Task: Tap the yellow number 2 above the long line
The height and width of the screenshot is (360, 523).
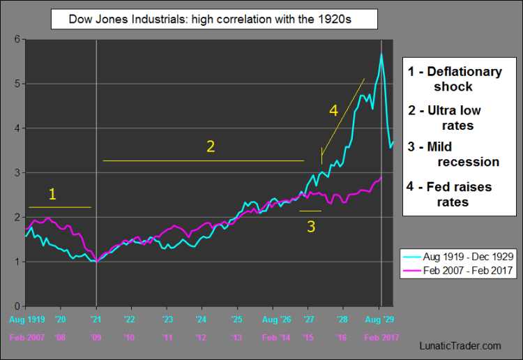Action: click(x=209, y=146)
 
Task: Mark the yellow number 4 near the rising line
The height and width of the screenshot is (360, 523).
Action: click(x=333, y=110)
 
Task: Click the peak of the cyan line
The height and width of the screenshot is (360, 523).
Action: click(x=381, y=54)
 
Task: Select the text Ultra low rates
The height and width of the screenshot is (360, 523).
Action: click(x=455, y=118)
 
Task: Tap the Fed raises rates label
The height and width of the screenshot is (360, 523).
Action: click(x=454, y=194)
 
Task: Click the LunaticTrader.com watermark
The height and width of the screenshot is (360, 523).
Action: click(x=460, y=345)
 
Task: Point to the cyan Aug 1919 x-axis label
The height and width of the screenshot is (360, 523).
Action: click(x=26, y=320)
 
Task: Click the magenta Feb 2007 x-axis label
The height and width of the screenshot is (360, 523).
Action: click(x=26, y=338)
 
